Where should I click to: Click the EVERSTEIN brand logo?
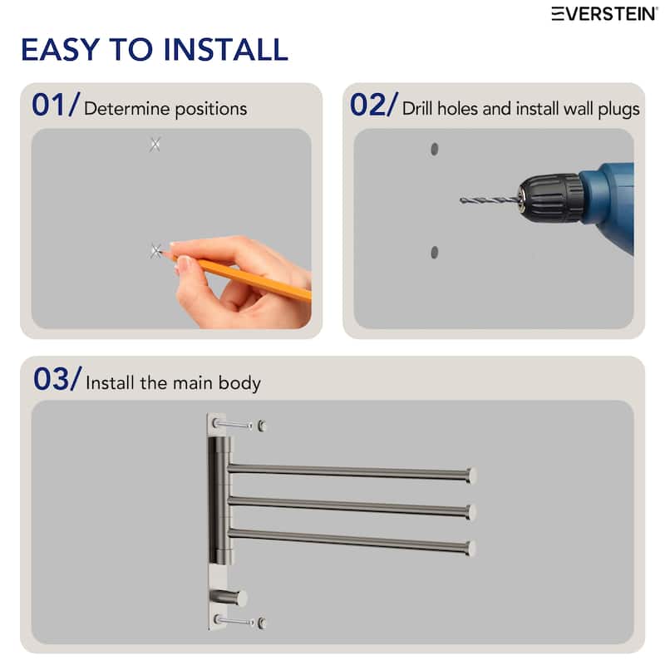coord(604,13)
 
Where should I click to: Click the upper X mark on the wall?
coord(155,145)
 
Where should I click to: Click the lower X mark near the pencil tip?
coord(156,250)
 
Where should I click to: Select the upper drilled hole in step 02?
coord(434,150)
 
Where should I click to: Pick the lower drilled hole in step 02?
coord(434,252)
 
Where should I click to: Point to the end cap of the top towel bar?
coord(471,475)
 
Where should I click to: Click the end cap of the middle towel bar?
coord(471,512)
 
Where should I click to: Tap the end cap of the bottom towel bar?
coord(471,549)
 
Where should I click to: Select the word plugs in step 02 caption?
coord(618,109)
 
